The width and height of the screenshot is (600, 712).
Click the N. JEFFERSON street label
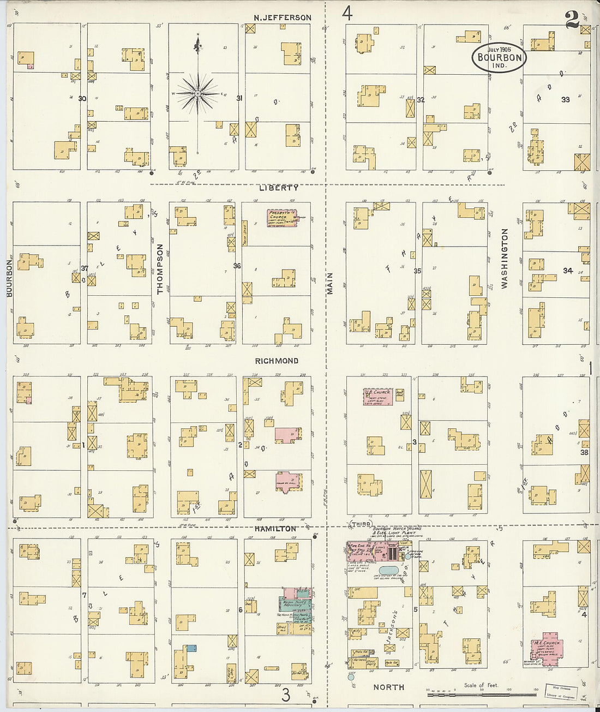(x=282, y=17)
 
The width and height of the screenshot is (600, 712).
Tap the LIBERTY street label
(x=279, y=188)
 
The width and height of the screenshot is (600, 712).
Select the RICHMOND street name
(x=277, y=361)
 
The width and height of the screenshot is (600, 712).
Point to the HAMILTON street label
(x=275, y=529)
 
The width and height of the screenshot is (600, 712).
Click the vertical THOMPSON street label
(x=160, y=269)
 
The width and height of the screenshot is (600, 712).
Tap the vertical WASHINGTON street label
(x=505, y=258)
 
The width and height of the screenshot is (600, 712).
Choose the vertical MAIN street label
(x=330, y=284)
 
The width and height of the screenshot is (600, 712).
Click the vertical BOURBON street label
(x=9, y=278)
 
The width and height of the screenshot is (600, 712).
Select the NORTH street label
(x=389, y=687)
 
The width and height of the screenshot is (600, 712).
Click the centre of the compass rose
(x=198, y=94)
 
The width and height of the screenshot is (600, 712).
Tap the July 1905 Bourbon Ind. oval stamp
(x=499, y=57)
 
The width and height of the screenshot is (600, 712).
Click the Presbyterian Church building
(x=281, y=218)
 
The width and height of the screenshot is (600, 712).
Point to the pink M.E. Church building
(x=547, y=648)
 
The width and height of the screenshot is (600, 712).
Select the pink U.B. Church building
(x=379, y=396)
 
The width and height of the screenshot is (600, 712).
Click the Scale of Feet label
(x=481, y=685)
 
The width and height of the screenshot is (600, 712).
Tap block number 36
(x=237, y=266)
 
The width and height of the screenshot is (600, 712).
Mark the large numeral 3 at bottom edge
(x=285, y=695)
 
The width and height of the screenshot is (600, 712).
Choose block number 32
(x=421, y=100)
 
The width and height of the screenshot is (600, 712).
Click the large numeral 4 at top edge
(x=347, y=13)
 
